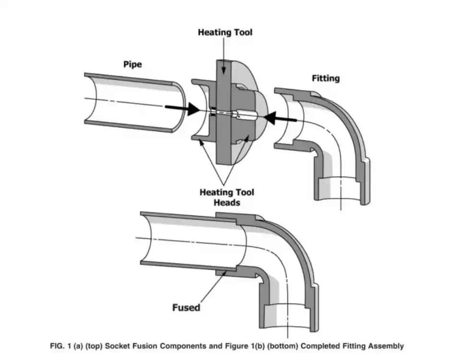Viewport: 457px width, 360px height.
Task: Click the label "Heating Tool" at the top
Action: (225, 33)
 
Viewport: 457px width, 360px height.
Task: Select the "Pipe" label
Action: (132, 64)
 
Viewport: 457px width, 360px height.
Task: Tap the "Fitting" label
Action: (326, 78)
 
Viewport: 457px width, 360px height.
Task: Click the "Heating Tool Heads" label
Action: (227, 197)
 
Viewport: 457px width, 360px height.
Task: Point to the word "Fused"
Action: (186, 307)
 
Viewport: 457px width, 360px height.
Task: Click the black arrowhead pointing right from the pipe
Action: (192, 108)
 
